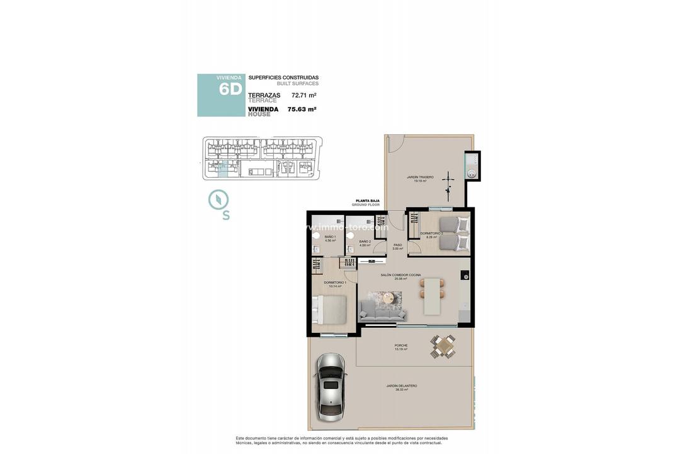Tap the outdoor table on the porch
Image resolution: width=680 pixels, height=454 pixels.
coord(444,346)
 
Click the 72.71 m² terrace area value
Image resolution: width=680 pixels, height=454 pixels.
coord(303,95)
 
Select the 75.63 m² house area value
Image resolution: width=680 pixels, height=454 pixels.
coord(302,109)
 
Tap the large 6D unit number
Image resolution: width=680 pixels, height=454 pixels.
coord(230,90)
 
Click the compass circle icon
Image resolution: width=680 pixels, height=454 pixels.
coord(218,199)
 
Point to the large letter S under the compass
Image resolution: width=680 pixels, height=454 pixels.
coord(225,216)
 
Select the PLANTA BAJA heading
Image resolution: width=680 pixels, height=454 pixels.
coord(368,201)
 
